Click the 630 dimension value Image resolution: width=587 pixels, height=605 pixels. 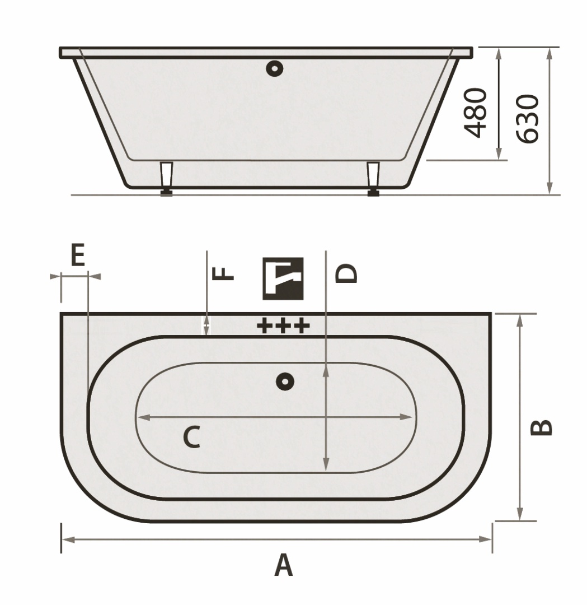527,119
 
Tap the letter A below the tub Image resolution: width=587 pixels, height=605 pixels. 283,565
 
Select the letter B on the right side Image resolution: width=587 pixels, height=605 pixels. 541,427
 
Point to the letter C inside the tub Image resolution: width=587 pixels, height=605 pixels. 191,437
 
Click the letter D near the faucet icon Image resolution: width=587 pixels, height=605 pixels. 346,273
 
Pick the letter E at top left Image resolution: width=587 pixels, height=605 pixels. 78,255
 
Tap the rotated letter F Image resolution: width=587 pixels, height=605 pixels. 223,273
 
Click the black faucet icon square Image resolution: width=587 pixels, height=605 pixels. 283,278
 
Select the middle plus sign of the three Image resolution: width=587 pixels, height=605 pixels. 283,325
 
